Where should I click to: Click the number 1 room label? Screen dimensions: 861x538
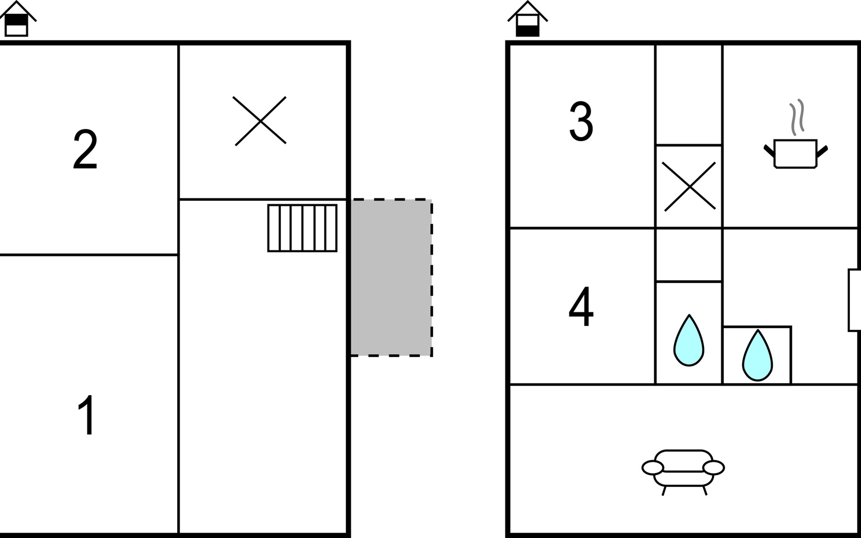pos(87,415)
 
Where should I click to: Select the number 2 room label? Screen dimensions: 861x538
pos(85,149)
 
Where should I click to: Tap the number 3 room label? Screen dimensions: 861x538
pos(581,121)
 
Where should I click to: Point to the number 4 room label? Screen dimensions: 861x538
pos(581,307)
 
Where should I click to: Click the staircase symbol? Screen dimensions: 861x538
pos(302,228)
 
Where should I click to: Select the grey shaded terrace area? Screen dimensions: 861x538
pos(391,278)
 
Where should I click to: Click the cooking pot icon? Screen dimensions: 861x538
pos(796,154)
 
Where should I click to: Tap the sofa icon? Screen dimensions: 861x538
pos(683,472)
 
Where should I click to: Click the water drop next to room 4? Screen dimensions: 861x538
pos(689,340)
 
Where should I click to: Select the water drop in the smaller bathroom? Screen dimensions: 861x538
pos(757,356)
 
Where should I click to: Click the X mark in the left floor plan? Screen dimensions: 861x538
pos(261,121)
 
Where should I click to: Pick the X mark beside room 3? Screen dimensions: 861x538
pos(689,186)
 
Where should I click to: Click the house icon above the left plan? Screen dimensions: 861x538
pos(17,19)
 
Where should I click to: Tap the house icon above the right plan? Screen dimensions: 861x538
pos(527,19)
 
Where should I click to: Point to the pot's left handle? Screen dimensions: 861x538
pos(770,151)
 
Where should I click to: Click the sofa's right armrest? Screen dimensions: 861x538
pos(713,468)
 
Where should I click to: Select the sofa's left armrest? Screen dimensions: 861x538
pos(652,468)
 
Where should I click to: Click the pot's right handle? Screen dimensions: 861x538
pos(822,151)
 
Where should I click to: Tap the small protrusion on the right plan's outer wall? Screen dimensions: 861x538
pos(854,300)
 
